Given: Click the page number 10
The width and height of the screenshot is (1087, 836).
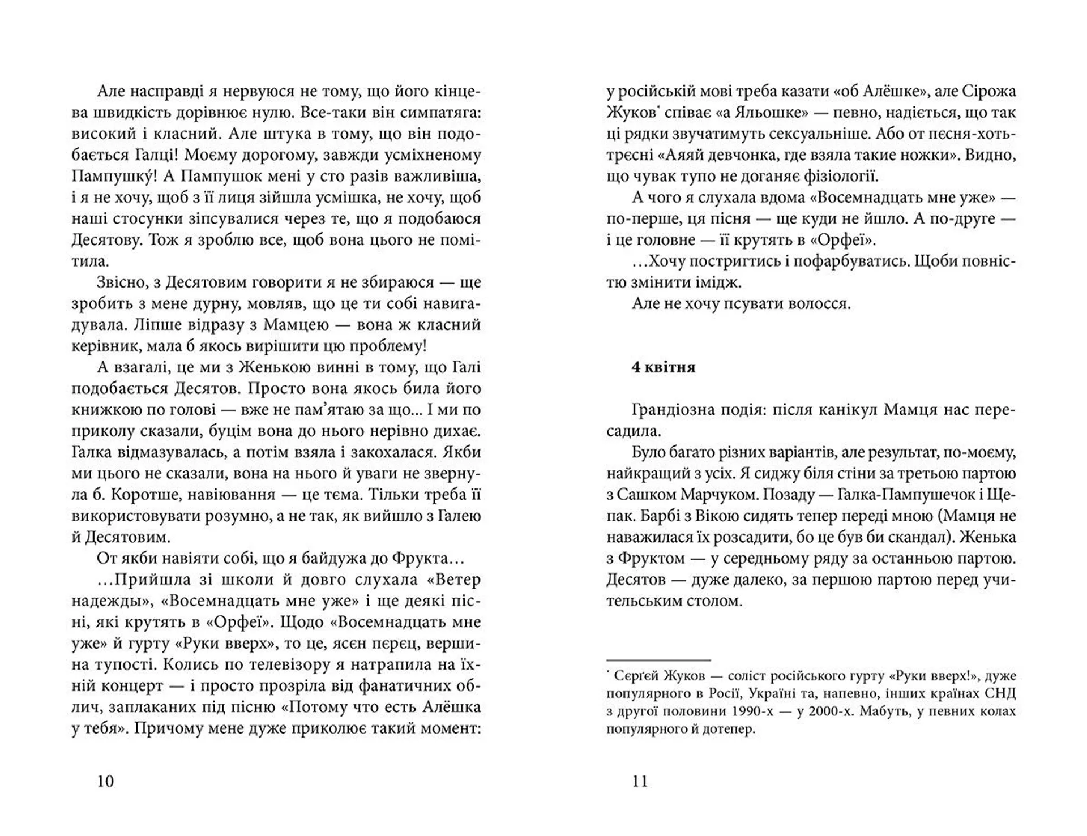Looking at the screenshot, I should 106,781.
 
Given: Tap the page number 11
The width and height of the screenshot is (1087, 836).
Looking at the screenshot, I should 640,781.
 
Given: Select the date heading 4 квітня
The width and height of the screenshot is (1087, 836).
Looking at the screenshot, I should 664,367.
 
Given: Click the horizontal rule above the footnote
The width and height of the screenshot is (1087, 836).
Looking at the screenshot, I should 658,660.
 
